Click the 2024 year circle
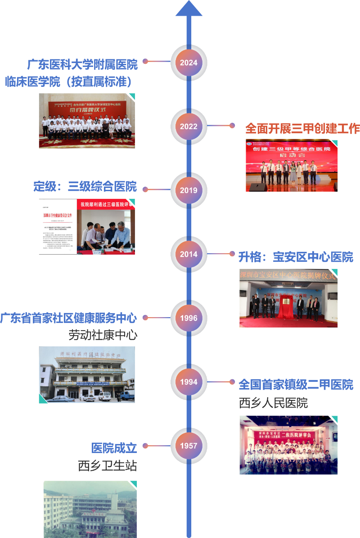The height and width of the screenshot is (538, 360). point(189,63)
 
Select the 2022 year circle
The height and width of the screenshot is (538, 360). point(189,126)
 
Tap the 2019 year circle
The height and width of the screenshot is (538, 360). point(189,190)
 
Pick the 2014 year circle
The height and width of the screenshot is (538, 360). point(189,254)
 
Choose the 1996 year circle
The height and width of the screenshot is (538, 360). point(189,318)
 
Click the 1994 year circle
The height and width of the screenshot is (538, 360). point(189,382)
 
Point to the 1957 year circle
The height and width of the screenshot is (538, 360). point(189,446)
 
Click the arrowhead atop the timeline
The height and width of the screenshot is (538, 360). point(189,9)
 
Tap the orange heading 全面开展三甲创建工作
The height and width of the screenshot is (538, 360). point(302,129)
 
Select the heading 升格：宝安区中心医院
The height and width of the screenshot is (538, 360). point(296,257)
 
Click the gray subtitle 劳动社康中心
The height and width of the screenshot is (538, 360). point(103,335)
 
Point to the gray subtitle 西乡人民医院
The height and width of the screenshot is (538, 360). point(273,403)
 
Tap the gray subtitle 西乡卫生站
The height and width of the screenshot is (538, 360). point(107,466)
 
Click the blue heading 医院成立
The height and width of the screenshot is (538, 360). point(114,448)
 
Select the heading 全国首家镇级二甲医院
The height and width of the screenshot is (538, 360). point(296,385)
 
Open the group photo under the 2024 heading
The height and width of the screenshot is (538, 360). point(87,121)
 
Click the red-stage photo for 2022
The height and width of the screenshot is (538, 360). point(292,166)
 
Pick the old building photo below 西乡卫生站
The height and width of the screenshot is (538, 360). point(89,509)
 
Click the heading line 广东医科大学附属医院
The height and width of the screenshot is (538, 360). point(82,65)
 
